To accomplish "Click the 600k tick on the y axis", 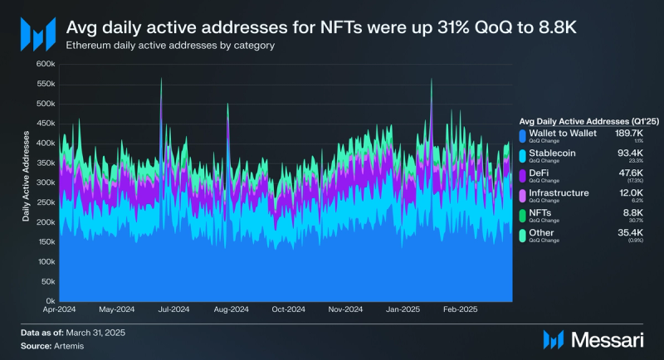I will pyautogui.click(x=44, y=64).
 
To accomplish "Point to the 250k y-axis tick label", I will pyautogui.click(x=44, y=202).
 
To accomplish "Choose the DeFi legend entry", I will pyautogui.click(x=540, y=173).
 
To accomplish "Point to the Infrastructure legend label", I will pyautogui.click(x=559, y=192).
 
